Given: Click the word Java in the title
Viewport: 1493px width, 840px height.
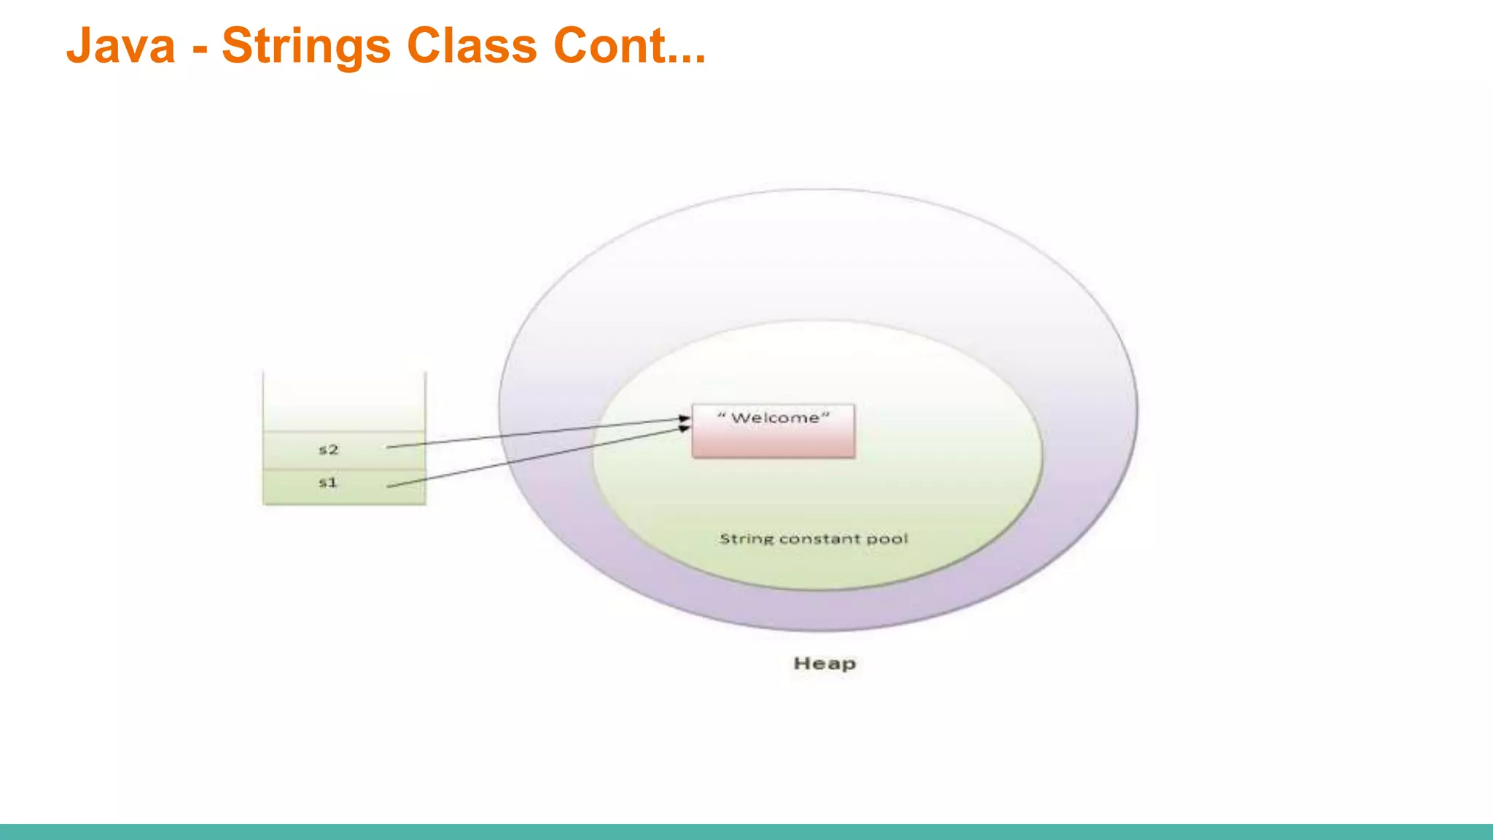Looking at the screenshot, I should point(121,45).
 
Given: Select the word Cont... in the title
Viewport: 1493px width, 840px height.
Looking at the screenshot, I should point(629,45).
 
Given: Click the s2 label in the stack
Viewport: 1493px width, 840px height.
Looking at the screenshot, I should point(329,450).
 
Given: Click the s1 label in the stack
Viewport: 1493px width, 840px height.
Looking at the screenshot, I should point(328,483).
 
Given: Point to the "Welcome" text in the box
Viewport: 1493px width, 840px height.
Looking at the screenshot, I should point(773,419).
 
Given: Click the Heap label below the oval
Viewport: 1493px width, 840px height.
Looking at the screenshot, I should point(825,664).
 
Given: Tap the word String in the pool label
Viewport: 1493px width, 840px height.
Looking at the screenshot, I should point(745,540).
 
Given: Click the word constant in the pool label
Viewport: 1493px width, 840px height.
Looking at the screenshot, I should point(819,540).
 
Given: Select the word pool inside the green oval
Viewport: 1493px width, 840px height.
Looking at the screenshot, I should point(887,540).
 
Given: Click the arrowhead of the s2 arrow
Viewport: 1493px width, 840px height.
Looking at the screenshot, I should point(685,419).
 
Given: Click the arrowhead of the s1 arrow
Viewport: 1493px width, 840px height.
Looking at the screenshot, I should point(685,429).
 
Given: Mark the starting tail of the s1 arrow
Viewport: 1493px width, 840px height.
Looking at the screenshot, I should point(389,486).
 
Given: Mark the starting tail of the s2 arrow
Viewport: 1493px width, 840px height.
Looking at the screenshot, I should point(389,447).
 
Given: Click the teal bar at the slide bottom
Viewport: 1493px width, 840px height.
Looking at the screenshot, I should point(746,832).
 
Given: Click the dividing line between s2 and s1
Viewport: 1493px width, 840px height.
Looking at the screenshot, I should point(344,469).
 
